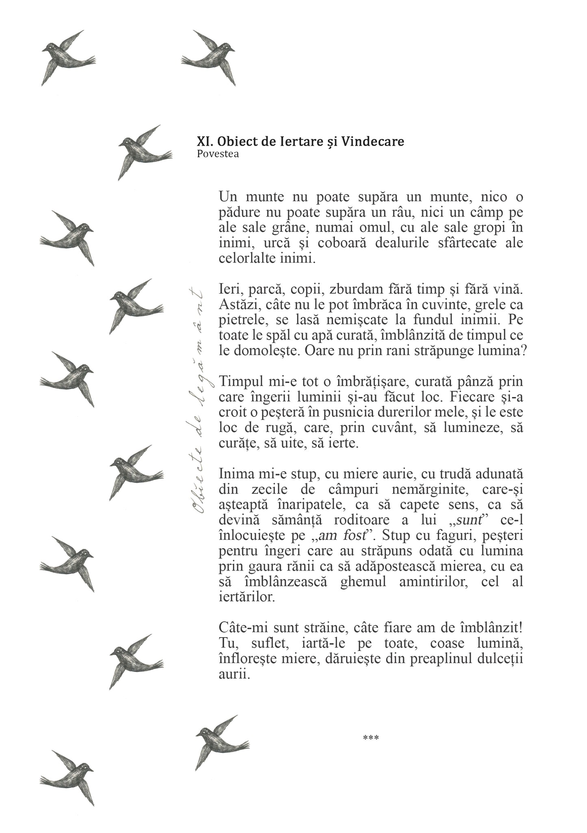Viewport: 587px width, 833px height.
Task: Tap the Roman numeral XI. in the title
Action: (x=205, y=141)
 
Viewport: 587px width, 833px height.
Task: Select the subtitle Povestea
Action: (x=218, y=154)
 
